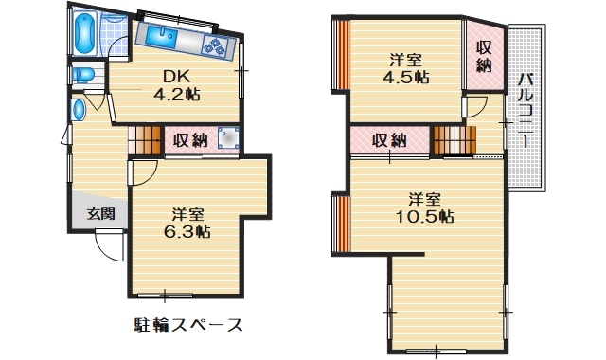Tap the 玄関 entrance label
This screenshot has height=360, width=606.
[101, 214]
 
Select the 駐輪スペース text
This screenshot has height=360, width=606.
[188, 326]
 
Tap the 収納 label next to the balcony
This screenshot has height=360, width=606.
[484, 56]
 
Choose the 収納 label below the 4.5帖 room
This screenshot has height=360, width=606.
[388, 140]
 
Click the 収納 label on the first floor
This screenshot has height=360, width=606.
[190, 140]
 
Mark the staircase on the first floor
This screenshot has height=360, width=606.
[146, 139]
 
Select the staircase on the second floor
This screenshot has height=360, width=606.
[453, 139]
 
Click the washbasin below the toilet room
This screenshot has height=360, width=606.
[79, 109]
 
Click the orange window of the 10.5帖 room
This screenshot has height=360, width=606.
[340, 224]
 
